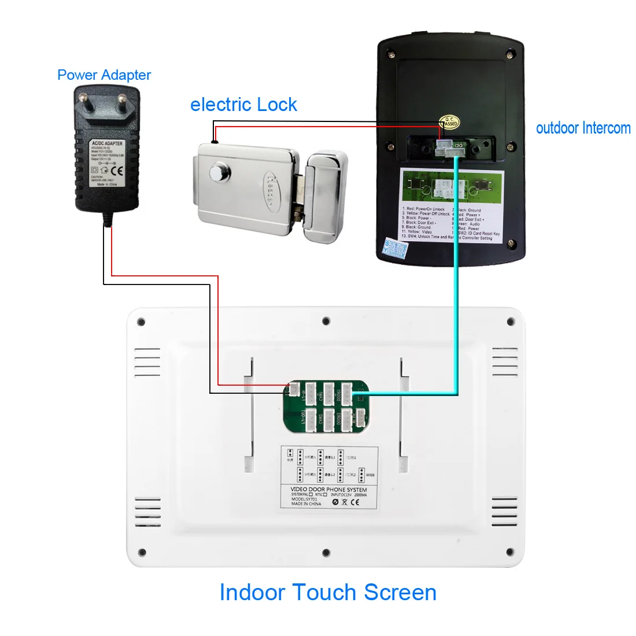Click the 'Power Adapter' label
pos(104,75)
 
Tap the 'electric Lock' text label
pos(243,105)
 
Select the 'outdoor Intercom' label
pos(583,128)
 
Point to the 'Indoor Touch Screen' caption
pos(328,593)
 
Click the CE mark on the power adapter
pos(117,171)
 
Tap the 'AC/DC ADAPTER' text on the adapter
pos(107,143)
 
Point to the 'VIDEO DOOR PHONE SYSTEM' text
pos(328,490)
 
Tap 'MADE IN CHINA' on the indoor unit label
pos(306,504)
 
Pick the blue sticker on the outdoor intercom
pos(397,249)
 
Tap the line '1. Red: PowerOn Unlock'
pos(424,209)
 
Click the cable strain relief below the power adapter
pos(107,217)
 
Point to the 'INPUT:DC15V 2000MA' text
pos(348,495)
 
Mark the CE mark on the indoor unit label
pos(354,502)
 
